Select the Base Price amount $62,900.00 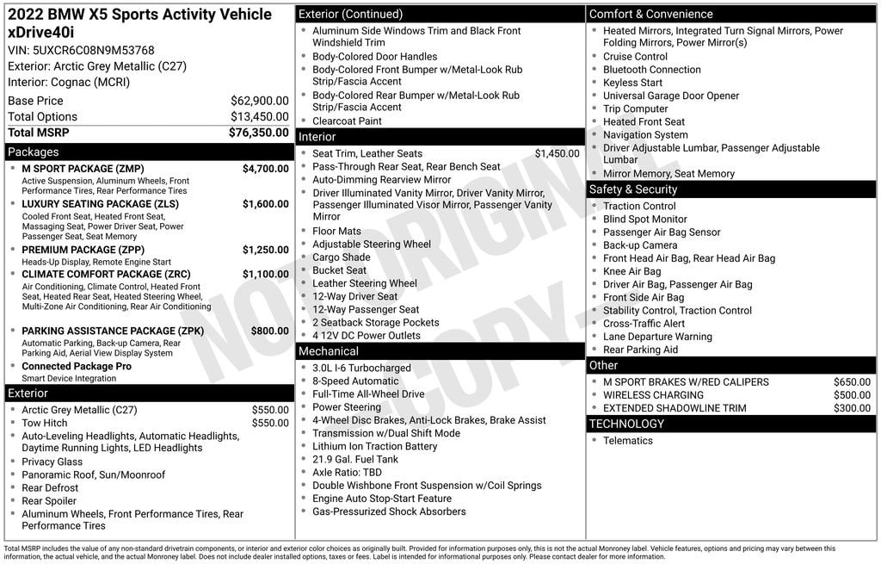259,101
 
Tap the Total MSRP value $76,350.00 258,133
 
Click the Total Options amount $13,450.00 259,116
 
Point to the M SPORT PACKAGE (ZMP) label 83,169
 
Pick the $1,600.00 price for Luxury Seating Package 265,204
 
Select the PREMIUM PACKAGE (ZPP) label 83,250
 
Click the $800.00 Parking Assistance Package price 269,331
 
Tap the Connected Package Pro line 77,366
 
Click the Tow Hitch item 45,423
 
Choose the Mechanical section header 329,351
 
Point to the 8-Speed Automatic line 355,381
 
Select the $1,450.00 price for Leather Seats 557,153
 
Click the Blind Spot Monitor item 645,219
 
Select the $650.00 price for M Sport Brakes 852,382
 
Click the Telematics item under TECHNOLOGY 628,441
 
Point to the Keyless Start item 632,83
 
